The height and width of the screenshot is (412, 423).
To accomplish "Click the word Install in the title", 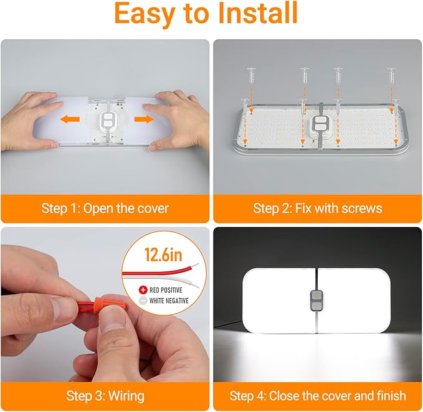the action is (258, 13).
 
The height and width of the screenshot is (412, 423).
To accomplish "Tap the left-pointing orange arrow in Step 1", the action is (70, 119).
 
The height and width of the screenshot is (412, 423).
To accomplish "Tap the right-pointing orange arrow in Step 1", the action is (144, 119).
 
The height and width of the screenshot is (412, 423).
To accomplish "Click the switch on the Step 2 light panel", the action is (320, 126).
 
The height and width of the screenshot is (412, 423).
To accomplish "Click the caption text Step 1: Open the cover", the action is (105, 208).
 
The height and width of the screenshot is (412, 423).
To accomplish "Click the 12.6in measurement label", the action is (163, 255).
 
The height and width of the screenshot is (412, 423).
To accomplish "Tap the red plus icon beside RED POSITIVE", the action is (143, 290).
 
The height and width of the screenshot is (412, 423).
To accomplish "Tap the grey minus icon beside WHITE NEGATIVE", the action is (143, 301).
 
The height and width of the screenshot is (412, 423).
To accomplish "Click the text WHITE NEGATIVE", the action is (169, 301).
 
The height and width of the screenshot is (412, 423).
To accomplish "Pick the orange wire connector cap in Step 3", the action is (106, 304).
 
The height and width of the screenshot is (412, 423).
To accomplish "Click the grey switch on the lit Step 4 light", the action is (316, 301).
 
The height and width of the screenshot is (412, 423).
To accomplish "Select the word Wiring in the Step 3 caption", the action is (126, 396).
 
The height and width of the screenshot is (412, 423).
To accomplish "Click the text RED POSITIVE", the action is (166, 290).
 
